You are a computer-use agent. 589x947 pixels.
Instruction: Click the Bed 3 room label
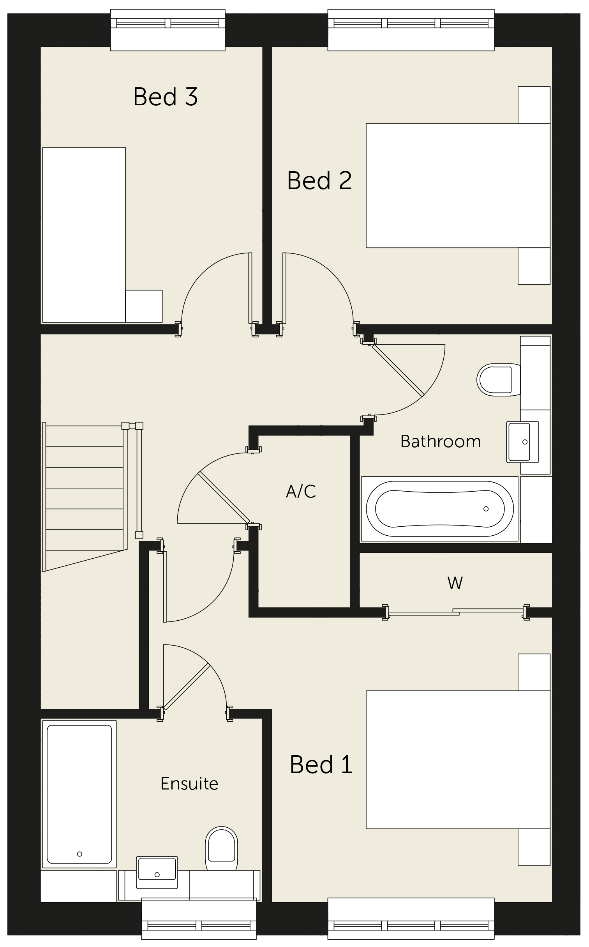166,97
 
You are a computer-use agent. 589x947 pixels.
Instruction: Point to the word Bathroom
441,441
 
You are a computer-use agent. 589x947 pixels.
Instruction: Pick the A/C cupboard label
301,491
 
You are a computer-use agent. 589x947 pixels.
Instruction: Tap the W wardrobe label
455,583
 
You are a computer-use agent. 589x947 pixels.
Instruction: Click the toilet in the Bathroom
499,380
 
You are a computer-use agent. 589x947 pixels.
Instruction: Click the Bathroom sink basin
523,442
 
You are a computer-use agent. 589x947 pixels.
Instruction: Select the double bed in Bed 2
458,185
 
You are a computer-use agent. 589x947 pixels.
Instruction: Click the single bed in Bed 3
84,235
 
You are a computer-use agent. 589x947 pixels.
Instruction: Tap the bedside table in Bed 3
144,306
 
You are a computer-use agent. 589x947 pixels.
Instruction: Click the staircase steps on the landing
85,497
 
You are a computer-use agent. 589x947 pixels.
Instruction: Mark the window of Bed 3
168,30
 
